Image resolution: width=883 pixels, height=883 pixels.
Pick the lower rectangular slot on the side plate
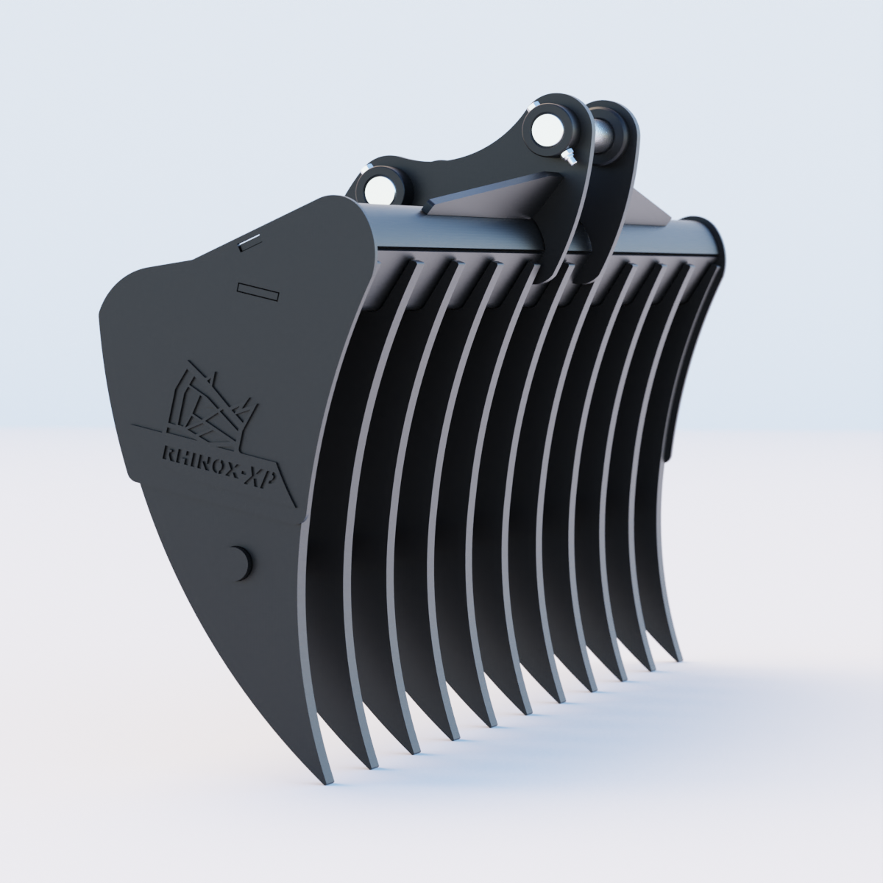tap(258, 291)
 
